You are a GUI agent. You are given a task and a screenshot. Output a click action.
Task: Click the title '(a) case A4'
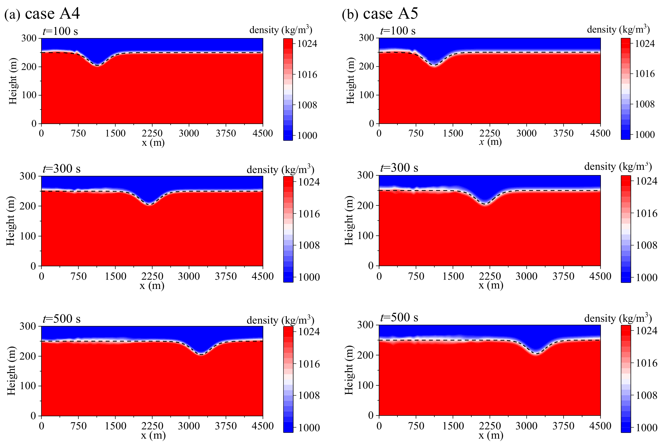coord(42,14)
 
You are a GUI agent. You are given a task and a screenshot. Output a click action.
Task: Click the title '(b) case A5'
coord(380,14)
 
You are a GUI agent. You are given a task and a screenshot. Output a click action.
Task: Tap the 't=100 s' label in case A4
coord(60,31)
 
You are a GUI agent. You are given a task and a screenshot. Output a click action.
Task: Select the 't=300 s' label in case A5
coord(399,168)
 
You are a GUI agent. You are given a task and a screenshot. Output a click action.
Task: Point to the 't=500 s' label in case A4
coord(61,319)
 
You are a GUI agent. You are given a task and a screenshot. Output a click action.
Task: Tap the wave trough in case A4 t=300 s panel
coord(149,204)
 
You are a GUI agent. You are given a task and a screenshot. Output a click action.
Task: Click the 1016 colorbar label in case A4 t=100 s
coord(307,75)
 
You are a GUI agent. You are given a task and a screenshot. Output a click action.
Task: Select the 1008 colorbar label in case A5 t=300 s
coord(646,245)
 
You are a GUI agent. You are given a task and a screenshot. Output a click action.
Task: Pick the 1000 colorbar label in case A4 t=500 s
coord(309,428)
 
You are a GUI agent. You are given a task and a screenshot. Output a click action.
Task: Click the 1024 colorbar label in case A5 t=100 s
coord(645,43)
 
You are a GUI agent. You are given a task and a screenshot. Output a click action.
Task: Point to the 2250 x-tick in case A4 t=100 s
coord(152,133)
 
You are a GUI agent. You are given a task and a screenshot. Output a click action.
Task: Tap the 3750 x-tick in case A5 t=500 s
coord(563,426)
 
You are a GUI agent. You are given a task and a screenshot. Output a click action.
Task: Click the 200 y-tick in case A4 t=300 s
coord(27,206)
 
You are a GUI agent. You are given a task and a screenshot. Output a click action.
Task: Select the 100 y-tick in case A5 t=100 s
coord(367,95)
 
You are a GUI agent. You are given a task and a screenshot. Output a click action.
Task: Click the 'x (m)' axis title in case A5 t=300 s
coord(491,285)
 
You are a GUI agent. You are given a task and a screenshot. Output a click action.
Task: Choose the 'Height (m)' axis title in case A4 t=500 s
coord(11,371)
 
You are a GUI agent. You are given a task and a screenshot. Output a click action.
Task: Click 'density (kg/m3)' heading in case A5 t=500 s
coord(618,318)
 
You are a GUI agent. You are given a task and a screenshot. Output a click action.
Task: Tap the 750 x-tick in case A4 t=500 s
coord(79,426)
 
